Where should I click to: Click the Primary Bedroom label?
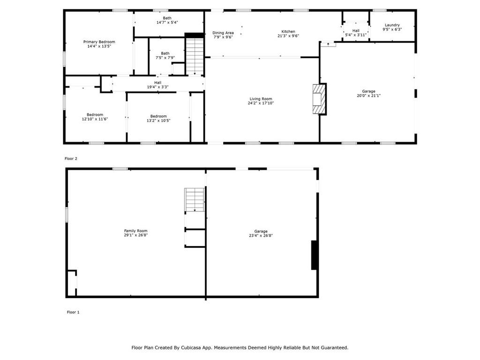pos(99,42)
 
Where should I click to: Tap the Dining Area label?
pos(223,33)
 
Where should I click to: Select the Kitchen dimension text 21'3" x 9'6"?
pos(288,36)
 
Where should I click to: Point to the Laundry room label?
pos(392,25)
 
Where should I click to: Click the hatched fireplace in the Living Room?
pos(318,99)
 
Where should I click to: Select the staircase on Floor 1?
pos(195,200)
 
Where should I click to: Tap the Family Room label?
pos(135,231)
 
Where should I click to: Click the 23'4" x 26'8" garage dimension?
pos(261,235)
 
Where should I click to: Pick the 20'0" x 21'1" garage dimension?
pos(368,96)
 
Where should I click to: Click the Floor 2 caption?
pos(71,158)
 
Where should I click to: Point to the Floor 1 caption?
pos(73,312)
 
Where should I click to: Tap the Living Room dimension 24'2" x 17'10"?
pos(261,103)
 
